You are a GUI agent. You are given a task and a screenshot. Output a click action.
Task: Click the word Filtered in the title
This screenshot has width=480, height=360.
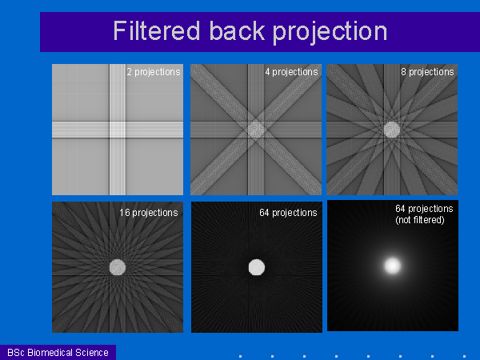point(157,30)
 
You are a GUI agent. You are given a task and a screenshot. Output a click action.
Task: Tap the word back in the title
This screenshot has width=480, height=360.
point(238,30)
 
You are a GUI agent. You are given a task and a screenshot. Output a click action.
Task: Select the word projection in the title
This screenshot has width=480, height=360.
point(330,33)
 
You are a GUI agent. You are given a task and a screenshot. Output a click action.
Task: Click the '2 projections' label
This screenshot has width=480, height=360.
point(154,72)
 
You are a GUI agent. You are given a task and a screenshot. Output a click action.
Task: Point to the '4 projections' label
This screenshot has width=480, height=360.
point(291,72)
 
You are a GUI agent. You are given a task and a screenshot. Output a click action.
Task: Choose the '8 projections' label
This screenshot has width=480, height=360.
point(427,72)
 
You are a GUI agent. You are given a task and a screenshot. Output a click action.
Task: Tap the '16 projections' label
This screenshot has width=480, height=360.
point(149,213)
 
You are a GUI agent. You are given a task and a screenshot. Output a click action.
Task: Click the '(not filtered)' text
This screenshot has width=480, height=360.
point(420,220)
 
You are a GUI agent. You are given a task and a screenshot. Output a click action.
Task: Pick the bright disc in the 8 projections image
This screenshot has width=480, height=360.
point(392,130)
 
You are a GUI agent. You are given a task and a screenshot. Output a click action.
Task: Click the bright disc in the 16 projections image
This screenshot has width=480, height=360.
point(118,267)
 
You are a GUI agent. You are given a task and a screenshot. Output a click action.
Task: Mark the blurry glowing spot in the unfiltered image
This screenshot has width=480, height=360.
point(393,266)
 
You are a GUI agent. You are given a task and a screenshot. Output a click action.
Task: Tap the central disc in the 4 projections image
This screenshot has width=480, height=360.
point(256,129)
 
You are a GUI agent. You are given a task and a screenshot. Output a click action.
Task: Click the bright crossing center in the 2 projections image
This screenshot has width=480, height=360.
point(118,130)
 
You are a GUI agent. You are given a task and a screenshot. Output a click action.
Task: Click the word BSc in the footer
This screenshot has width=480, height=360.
point(16,353)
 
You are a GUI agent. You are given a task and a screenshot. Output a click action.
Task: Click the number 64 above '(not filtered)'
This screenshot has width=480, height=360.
point(401,209)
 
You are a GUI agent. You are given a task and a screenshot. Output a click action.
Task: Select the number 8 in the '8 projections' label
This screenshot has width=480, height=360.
point(403,72)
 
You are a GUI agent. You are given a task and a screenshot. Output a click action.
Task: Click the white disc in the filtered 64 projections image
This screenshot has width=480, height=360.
point(257,267)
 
